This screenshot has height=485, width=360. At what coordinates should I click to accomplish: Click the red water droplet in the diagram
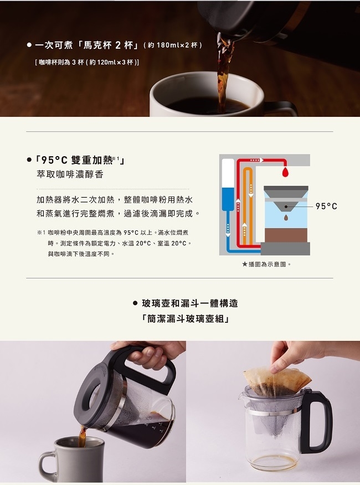[x=285, y=173]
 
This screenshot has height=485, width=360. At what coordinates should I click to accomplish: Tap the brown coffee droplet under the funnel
[x=286, y=218]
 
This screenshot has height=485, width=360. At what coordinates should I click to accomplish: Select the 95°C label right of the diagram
[x=326, y=207]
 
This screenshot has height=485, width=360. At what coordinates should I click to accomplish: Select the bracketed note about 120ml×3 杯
[x=87, y=62]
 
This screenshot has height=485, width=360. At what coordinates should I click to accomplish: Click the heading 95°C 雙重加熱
[x=80, y=160]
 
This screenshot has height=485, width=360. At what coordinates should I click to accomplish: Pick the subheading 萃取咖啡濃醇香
[x=70, y=174]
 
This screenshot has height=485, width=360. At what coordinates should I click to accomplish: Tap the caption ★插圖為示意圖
[x=266, y=264]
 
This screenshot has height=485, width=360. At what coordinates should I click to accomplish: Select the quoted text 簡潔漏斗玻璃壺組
[x=185, y=318]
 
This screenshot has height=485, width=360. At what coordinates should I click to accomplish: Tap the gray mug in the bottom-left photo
[x=72, y=460]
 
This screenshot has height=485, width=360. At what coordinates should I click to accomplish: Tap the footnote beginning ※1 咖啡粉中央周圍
[x=114, y=243]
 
